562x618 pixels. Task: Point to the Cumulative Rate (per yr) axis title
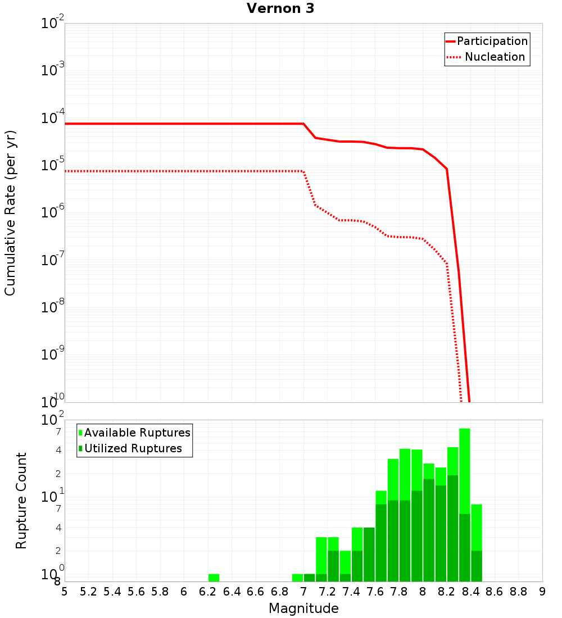pyautogui.click(x=10, y=213)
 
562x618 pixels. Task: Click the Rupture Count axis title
pyautogui.click(x=21, y=501)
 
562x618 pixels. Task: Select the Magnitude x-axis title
pyautogui.click(x=303, y=608)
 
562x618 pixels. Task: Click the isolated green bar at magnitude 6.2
pyautogui.click(x=214, y=578)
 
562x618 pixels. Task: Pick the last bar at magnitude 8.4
pyautogui.click(x=476, y=543)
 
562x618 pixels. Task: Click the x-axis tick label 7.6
pyautogui.click(x=375, y=592)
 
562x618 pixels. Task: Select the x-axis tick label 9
pyautogui.click(x=542, y=592)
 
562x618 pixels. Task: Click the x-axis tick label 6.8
pyautogui.click(x=279, y=592)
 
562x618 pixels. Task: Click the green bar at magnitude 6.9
pyautogui.click(x=297, y=578)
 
